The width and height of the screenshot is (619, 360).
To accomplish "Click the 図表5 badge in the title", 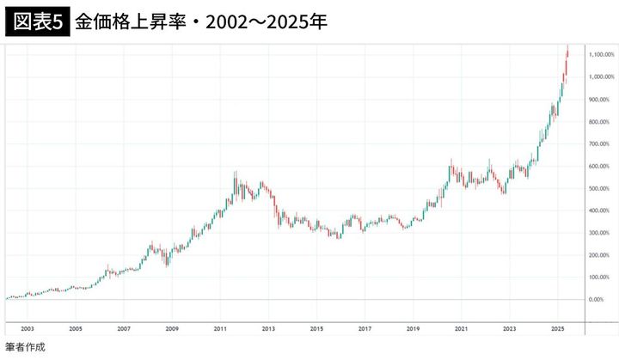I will [x=36, y=21].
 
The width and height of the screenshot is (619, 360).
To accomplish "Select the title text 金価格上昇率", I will [x=123, y=21].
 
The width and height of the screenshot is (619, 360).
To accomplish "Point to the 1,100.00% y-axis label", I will [x=601, y=55].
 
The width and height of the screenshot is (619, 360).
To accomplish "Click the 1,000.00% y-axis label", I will [x=601, y=77].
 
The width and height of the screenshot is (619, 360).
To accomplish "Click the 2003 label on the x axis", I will [x=27, y=329].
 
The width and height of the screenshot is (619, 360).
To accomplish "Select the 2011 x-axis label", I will [x=220, y=329].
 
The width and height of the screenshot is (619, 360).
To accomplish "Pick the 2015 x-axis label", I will [x=316, y=329].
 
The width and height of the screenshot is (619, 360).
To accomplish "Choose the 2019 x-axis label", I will [x=413, y=329].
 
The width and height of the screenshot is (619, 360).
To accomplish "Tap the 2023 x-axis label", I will [x=510, y=329].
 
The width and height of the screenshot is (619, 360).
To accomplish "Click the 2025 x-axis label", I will [x=557, y=329].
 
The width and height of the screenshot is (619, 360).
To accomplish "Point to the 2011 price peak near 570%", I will [x=236, y=174].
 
